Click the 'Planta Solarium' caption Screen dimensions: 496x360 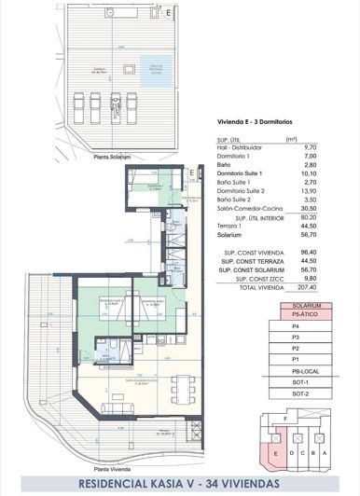point(111,158)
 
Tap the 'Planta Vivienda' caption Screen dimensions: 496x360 point(112,468)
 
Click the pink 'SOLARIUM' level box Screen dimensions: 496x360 point(307,306)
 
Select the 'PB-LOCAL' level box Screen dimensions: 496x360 point(307,371)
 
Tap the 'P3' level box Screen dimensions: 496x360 point(307,338)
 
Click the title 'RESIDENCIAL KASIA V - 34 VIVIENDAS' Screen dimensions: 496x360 point(179,484)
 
